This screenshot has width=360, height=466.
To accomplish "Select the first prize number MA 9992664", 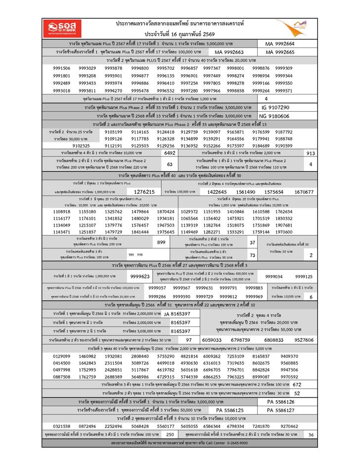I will (x=279, y=44).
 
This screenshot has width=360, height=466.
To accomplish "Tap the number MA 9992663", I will (x=229, y=52).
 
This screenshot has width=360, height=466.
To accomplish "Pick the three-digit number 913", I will (x=311, y=153).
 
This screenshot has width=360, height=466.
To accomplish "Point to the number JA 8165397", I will (x=177, y=314).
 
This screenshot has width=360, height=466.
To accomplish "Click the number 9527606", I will (x=304, y=340).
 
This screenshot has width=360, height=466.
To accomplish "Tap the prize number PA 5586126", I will (x=280, y=402).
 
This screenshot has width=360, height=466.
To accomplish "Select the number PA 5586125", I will (x=230, y=410).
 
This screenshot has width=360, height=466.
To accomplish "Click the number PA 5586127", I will (x=280, y=410).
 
